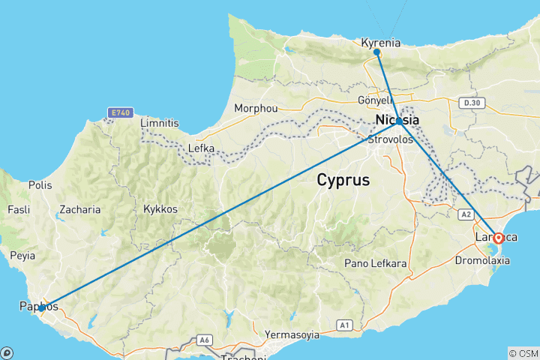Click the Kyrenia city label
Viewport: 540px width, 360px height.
380,43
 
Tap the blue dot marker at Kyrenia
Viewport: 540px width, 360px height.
376,52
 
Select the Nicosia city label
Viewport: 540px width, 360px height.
397,120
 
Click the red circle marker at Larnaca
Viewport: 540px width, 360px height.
498,238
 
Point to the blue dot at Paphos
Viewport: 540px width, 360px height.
40,307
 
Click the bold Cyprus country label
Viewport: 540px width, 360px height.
343,180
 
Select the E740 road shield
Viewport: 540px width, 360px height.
120,112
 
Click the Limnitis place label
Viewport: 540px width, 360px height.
160,122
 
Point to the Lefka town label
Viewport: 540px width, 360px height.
200,148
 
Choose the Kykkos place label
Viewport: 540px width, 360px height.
161,209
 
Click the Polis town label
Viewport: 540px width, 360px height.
40,184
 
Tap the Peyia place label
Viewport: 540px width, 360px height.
22,256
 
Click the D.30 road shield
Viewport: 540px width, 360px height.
471,102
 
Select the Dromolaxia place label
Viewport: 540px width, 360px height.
482,261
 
